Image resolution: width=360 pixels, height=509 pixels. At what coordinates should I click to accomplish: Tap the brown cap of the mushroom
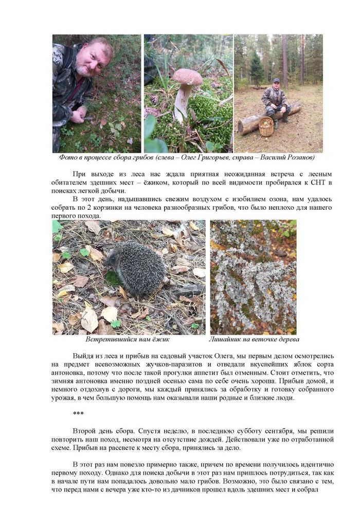187,77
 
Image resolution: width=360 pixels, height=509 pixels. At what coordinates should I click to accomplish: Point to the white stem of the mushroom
181,103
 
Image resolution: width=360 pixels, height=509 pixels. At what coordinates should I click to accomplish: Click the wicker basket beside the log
266,126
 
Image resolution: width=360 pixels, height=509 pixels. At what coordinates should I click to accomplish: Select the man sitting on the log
275,101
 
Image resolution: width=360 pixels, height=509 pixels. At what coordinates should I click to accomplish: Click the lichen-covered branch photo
253,277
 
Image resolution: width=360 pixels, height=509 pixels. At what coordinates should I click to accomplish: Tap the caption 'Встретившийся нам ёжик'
127,340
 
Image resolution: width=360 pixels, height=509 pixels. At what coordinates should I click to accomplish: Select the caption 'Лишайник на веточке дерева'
254,340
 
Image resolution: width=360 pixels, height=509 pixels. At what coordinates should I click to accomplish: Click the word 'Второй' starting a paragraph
85,430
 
